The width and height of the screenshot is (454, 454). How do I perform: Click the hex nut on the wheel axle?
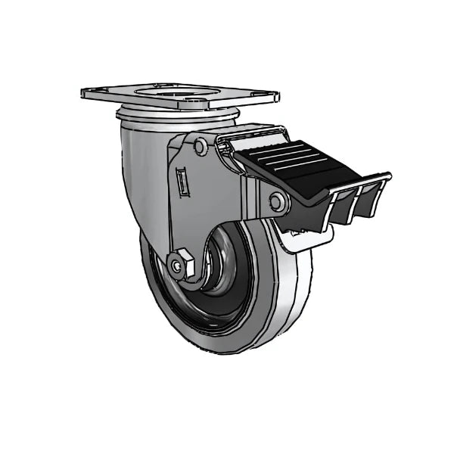180,266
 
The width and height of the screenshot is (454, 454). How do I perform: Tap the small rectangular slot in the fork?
182,182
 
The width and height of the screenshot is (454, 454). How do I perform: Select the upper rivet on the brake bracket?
201,147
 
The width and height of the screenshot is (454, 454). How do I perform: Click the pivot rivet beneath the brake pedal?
278,201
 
